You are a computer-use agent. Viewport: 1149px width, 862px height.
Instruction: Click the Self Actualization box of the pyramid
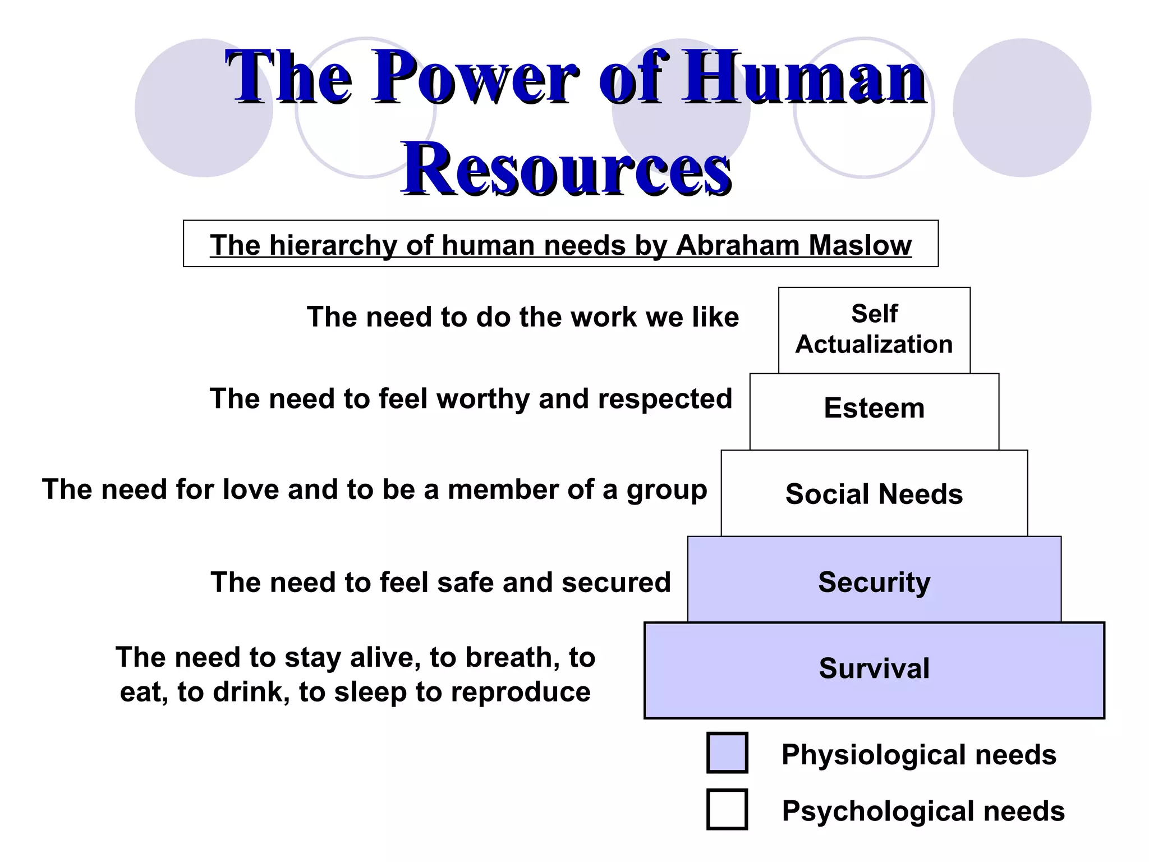pyautogui.click(x=874, y=330)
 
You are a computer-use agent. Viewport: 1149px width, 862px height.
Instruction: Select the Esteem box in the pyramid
pyautogui.click(x=874, y=409)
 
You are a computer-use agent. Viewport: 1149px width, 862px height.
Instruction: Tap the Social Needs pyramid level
pyautogui.click(x=874, y=494)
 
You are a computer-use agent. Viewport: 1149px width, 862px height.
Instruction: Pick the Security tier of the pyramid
pyautogui.click(x=874, y=581)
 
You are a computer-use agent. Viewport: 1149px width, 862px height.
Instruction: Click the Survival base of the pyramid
pyautogui.click(x=874, y=669)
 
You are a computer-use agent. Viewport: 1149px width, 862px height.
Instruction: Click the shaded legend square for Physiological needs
pyautogui.click(x=727, y=753)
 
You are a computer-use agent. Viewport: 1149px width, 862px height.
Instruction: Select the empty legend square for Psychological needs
pyautogui.click(x=727, y=809)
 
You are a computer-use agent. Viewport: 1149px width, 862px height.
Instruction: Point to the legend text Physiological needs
pyautogui.click(x=919, y=755)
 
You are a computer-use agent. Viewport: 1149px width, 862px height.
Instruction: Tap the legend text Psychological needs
pyautogui.click(x=923, y=811)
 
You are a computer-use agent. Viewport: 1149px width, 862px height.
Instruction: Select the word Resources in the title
pyautogui.click(x=567, y=168)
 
